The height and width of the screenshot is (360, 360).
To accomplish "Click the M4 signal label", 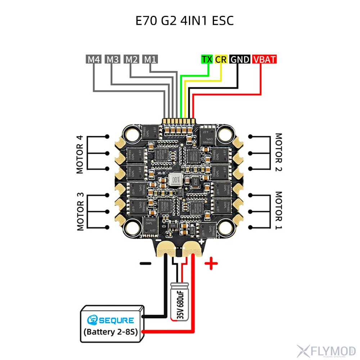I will (94, 59).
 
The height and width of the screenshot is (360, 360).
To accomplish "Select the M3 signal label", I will (112, 59).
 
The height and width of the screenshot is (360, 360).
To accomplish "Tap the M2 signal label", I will (131, 59).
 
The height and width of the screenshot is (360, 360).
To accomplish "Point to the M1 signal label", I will (150, 59).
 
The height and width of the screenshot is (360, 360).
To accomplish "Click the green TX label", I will (207, 59).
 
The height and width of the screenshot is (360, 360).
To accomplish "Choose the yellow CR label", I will (221, 59).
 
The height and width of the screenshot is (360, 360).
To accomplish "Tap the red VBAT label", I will (265, 59).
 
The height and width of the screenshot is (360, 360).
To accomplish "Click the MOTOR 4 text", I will (80, 154).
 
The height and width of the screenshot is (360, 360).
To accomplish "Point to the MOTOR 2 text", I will (279, 153).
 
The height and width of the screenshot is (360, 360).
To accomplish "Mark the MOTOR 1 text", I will (279, 211).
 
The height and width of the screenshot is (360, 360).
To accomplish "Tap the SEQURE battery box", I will (112, 324).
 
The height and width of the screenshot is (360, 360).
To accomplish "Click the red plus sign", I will (211, 264).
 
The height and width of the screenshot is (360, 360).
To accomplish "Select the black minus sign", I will (145, 263).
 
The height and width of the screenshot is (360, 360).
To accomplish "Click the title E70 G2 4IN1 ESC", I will (184, 21).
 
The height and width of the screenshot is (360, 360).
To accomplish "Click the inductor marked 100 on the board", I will (176, 179).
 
